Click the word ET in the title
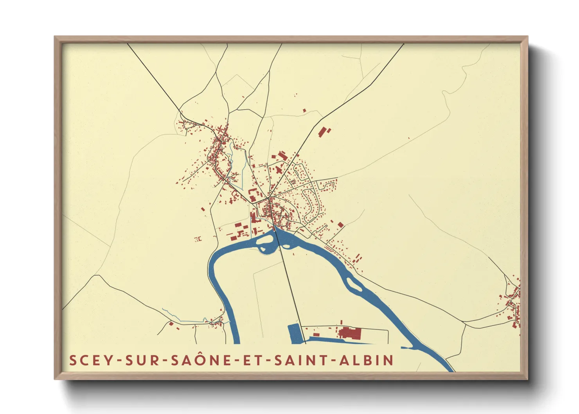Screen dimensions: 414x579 pos(253,360)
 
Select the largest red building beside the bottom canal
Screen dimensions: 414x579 pos(350,333)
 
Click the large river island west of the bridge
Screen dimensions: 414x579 pos(265,243)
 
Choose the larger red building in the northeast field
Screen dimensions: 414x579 pos(322,132)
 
